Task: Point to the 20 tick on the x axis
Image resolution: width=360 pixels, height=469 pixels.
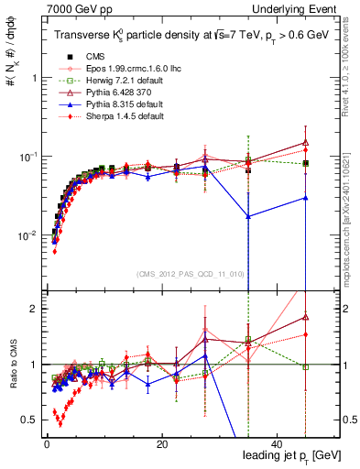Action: [161, 443]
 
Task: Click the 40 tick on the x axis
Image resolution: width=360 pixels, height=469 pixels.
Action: [277, 443]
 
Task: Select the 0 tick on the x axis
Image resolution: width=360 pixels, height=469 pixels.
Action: [47, 443]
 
